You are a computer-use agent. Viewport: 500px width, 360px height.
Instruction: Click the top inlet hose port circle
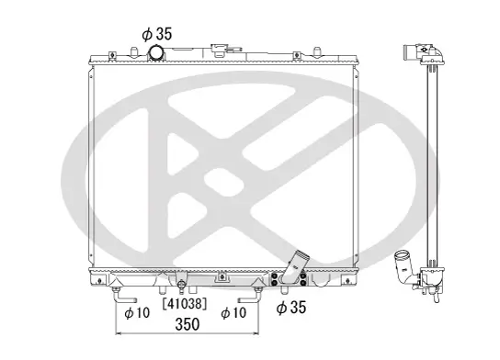(161, 51)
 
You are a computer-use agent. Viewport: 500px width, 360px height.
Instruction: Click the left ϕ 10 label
(137, 311)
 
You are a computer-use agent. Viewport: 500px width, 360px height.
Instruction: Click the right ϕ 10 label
(234, 311)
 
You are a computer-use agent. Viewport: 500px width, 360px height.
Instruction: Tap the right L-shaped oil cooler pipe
(249, 295)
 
